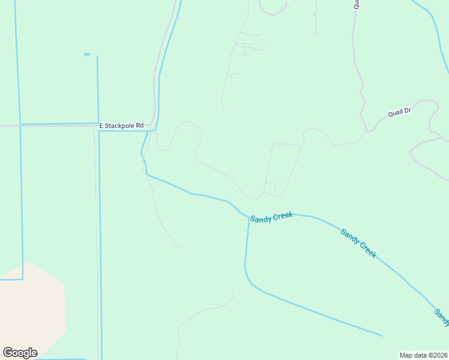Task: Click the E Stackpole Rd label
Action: [x=122, y=125]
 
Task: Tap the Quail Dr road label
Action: [x=399, y=111]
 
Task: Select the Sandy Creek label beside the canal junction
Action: [x=271, y=217]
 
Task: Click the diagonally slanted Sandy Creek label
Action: [x=358, y=243]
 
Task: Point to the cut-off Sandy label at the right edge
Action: [x=442, y=317]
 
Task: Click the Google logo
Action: [x=20, y=353]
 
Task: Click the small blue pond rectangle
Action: [x=87, y=55]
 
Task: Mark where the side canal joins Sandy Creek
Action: [x=249, y=217]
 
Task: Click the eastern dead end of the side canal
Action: [x=382, y=335]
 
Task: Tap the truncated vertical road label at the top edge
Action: [x=355, y=4]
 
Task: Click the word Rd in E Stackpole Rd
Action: [x=140, y=125]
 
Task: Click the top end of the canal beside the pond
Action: [x=97, y=57]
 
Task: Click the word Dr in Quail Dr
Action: [x=408, y=110]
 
